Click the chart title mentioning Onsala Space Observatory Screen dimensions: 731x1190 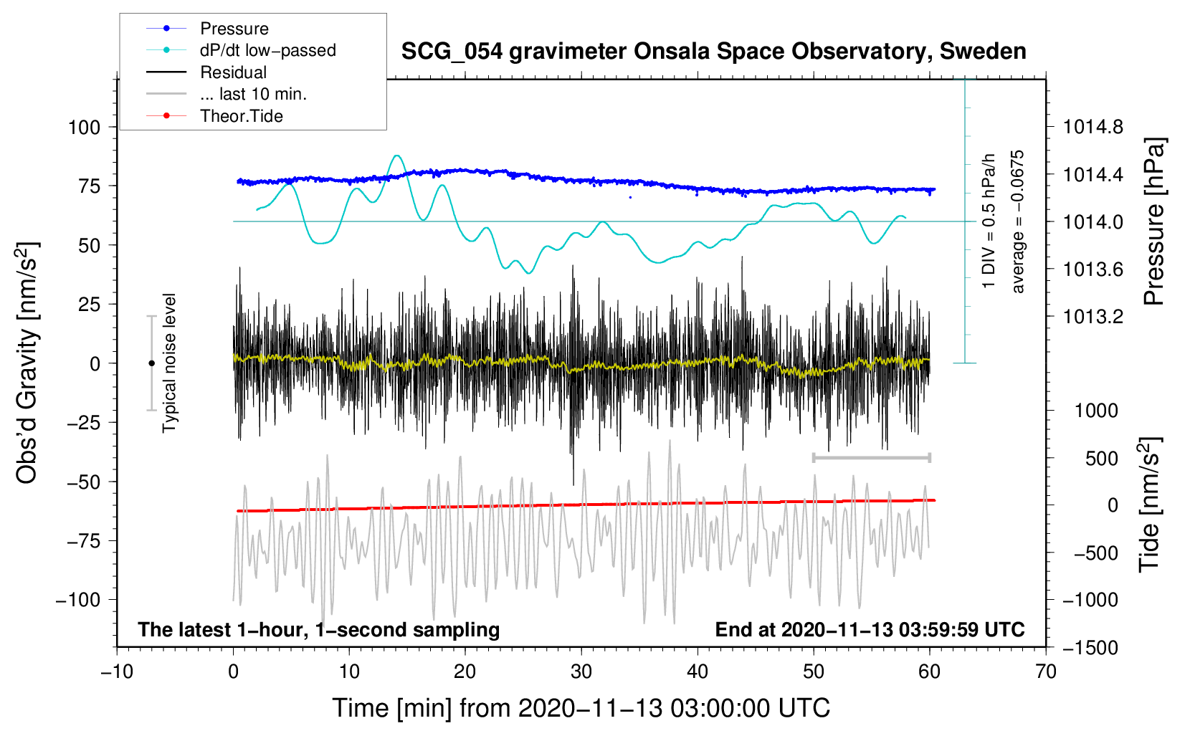[x=713, y=52]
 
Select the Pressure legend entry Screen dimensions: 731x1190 [x=234, y=29]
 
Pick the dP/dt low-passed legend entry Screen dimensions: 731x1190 [x=267, y=50]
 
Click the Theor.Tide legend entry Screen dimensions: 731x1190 [x=241, y=116]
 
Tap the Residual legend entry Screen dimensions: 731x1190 [x=233, y=72]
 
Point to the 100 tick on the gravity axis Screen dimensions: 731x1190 [x=84, y=128]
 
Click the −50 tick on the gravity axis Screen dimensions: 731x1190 [x=84, y=482]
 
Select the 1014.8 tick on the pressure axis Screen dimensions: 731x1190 [x=1093, y=128]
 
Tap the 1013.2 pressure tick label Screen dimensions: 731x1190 [x=1093, y=317]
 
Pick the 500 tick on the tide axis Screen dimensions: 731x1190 [x=1102, y=459]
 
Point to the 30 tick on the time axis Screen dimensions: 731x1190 [x=581, y=672]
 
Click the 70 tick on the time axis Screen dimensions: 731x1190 [x=1046, y=672]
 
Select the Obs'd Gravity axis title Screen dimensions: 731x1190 [x=27, y=363]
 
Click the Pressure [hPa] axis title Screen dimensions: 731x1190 [x=1154, y=222]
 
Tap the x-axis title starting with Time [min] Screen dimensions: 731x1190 [x=581, y=708]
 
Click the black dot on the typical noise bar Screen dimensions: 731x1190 [x=151, y=363]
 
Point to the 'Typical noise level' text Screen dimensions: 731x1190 [x=169, y=363]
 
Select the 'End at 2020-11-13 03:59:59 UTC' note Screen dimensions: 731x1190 [x=870, y=630]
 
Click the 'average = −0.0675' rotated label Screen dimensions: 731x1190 [x=1018, y=222]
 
